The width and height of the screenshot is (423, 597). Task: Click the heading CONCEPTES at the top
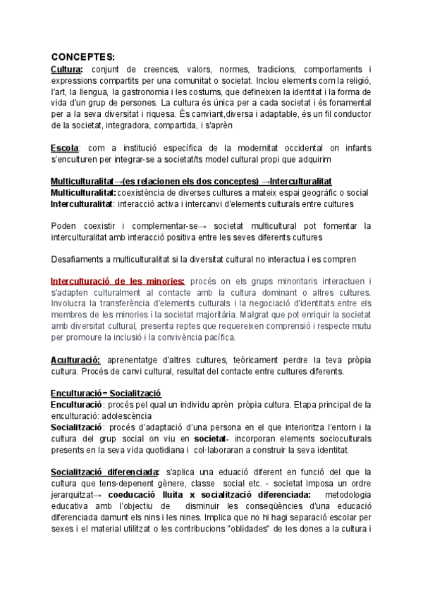[82, 57]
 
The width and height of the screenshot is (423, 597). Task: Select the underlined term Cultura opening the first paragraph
[66, 69]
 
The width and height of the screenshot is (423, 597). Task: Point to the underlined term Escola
[65, 148]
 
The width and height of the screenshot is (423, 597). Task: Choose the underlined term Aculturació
[75, 360]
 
